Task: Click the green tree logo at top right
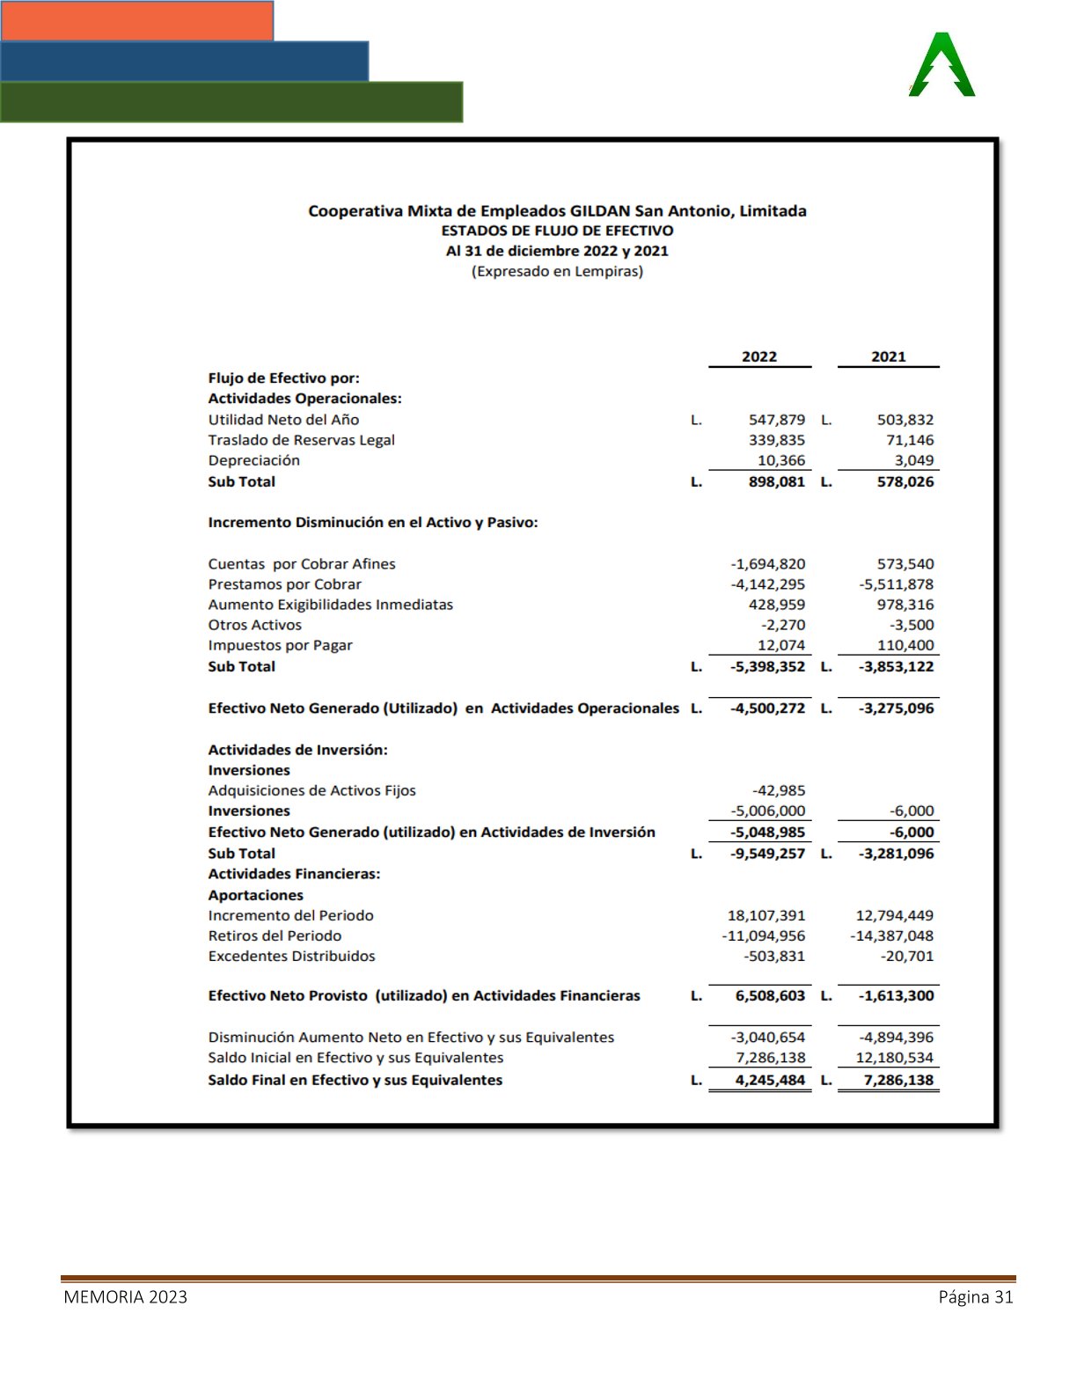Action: [941, 66]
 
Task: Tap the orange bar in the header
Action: [137, 20]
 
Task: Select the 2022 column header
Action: [759, 356]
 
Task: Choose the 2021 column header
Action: [889, 356]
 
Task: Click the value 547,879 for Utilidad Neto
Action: [777, 420]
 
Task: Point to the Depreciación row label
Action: [253, 460]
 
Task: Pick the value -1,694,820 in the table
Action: [768, 564]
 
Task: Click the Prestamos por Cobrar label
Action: [284, 584]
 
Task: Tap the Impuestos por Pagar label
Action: [280, 645]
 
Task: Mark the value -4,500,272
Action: [768, 708]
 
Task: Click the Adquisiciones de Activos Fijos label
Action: [311, 790]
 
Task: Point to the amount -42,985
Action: [779, 790]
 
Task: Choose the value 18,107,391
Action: [766, 915]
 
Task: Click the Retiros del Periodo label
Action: [275, 935]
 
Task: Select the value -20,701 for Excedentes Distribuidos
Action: [907, 956]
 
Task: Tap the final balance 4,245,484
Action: [770, 1080]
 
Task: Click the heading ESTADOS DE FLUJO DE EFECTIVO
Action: [557, 231]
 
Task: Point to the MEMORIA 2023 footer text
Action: [125, 1297]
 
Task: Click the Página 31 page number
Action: [976, 1297]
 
